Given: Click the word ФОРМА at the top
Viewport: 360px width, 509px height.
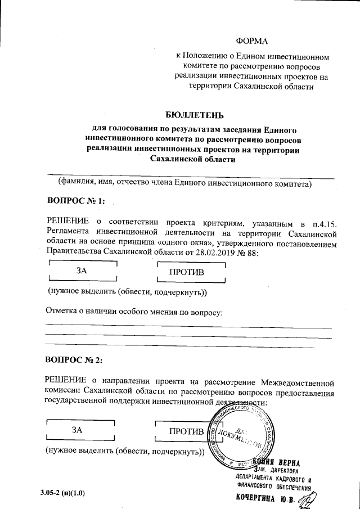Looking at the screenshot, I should [253, 41].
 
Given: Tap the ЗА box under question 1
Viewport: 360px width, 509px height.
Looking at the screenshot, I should [82, 270].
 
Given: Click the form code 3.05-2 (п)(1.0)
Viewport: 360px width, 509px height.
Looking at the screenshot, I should [62, 493].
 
